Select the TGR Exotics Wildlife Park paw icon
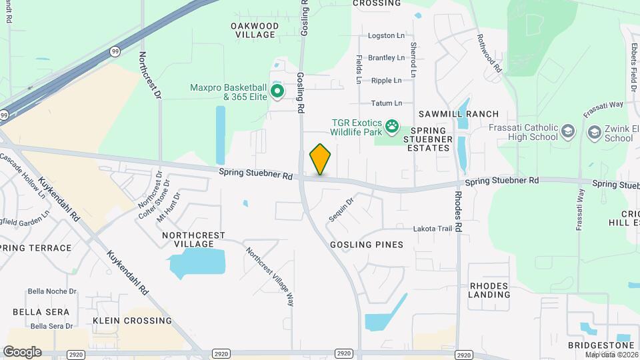(393, 125)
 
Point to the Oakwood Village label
(254, 30)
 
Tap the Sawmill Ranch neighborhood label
(459, 114)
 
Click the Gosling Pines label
(367, 245)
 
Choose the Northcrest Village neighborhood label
(194, 240)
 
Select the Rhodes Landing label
(489, 290)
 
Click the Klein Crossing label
(132, 321)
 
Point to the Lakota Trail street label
(433, 228)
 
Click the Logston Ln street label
(387, 35)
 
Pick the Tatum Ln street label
(387, 103)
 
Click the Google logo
(22, 351)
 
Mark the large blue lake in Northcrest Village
(195, 264)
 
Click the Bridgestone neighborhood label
(601, 345)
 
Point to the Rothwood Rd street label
(489, 54)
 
